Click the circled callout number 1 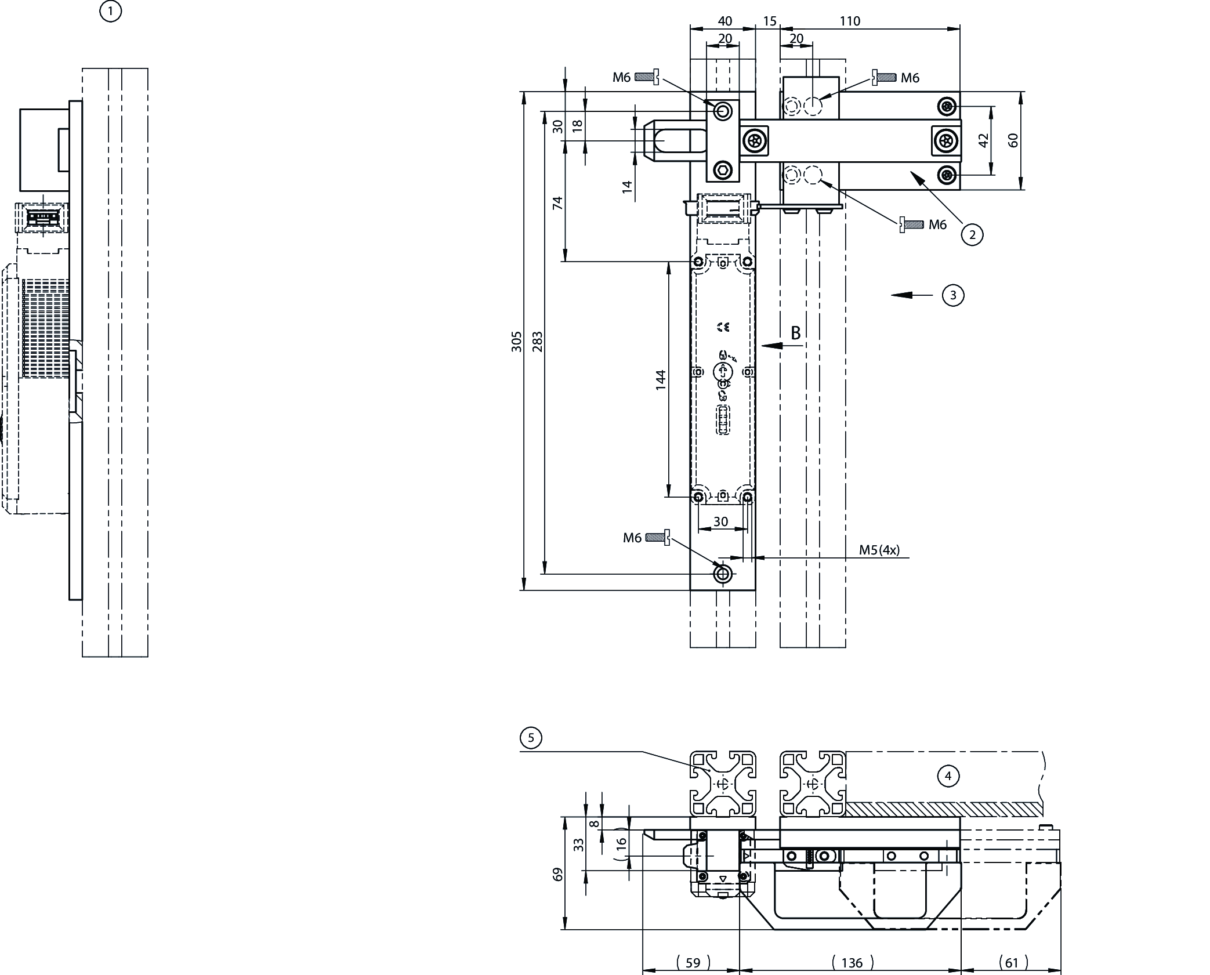click(x=110, y=11)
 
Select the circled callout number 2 click(x=972, y=234)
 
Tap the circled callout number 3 click(x=953, y=295)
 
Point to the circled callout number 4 click(x=948, y=776)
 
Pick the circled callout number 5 click(x=531, y=738)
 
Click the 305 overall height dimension click(x=516, y=341)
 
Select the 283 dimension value click(x=537, y=341)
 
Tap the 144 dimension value click(x=661, y=380)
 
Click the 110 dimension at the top click(x=850, y=21)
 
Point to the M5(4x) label click(x=879, y=550)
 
